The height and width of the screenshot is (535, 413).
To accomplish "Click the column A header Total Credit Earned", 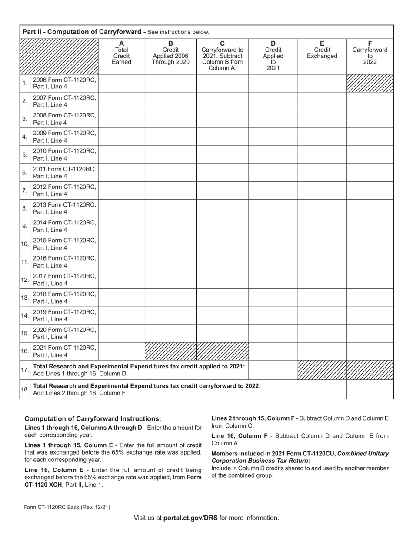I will click(121, 53).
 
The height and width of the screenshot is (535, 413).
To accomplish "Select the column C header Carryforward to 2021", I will click(222, 56).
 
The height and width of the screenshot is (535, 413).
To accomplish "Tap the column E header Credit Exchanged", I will click(322, 50).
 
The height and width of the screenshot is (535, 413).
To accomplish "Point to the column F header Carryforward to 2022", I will click(370, 53).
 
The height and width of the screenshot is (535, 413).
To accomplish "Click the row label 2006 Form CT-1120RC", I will click(64, 83).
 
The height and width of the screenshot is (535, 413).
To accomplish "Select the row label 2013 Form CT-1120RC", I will click(64, 208).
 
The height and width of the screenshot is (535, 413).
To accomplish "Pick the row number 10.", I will click(25, 244).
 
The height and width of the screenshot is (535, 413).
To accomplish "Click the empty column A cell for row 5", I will click(121, 154).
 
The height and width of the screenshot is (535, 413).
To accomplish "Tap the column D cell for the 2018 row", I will click(273, 298).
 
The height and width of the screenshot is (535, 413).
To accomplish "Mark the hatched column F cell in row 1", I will click(370, 83).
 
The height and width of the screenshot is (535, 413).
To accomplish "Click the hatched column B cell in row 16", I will click(170, 351).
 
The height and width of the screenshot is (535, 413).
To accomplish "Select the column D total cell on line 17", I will click(273, 370).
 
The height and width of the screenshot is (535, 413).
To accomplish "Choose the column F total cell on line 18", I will click(370, 389).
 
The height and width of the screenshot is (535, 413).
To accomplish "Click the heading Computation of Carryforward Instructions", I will click(93, 419).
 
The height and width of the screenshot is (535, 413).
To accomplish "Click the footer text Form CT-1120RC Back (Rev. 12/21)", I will click(67, 507).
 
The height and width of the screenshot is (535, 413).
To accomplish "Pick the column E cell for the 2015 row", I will click(322, 244).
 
